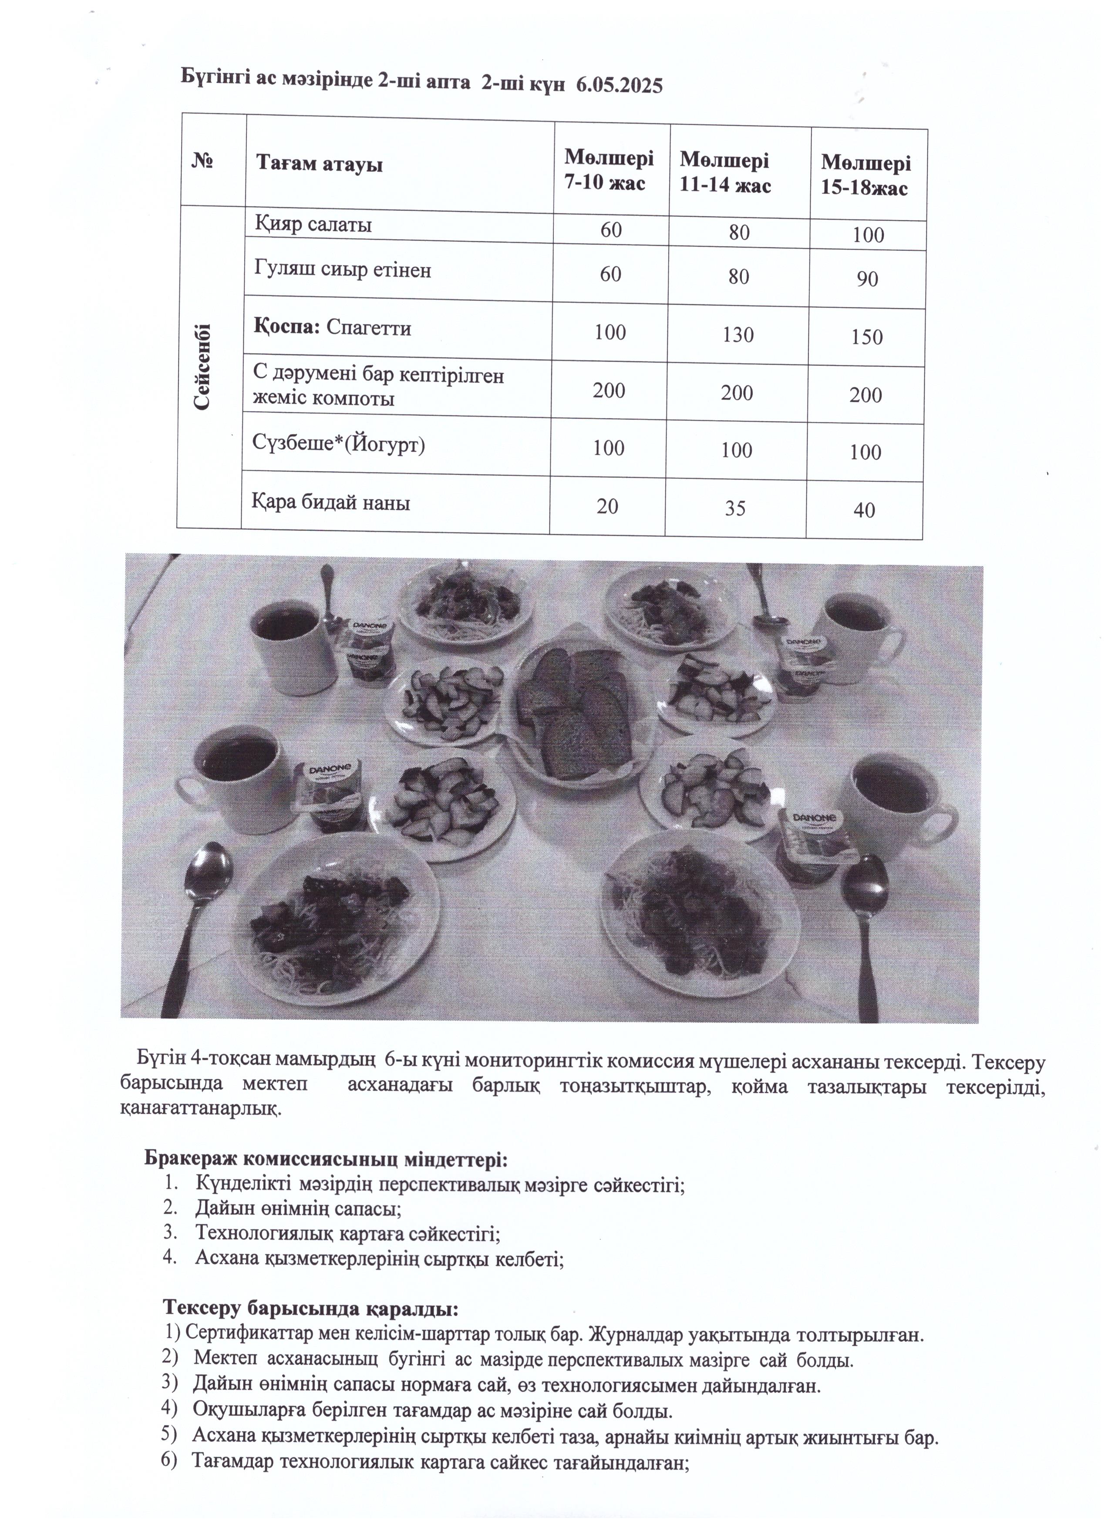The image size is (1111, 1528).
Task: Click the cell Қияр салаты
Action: pyautogui.click(x=313, y=224)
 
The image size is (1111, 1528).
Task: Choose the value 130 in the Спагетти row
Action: pyautogui.click(x=738, y=335)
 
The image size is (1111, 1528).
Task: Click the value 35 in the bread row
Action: pyautogui.click(x=735, y=507)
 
